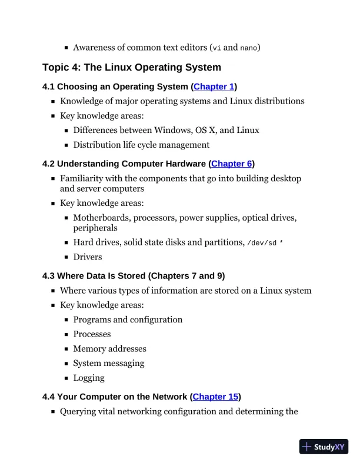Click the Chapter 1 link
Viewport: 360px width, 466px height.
click(214, 86)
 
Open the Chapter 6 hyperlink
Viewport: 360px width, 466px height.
click(231, 164)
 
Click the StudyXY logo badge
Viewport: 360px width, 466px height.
click(324, 447)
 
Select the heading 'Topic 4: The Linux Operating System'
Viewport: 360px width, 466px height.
click(132, 67)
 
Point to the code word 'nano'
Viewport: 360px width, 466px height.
click(249, 47)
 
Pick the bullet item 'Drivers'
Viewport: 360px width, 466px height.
click(88, 257)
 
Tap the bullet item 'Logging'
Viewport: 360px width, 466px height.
click(89, 378)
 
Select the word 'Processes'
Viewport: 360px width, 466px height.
click(92, 334)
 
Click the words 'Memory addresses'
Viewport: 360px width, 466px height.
click(109, 348)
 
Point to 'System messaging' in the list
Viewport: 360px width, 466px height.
click(108, 363)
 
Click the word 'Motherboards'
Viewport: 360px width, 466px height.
click(101, 218)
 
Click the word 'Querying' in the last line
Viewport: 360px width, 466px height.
click(79, 411)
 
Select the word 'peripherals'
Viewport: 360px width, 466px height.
click(95, 228)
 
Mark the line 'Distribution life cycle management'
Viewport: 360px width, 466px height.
click(141, 145)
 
